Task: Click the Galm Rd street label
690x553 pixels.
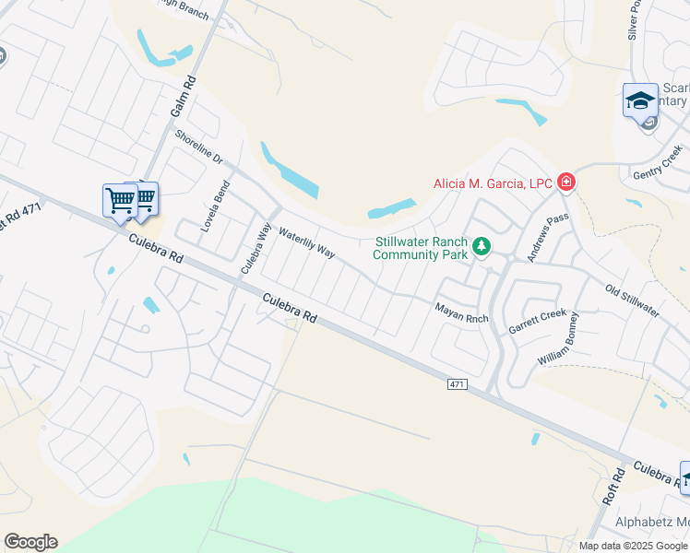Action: tap(183, 98)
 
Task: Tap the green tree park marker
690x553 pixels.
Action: tap(480, 246)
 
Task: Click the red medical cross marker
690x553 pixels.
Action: tap(565, 182)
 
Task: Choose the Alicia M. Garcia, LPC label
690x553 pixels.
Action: tap(493, 183)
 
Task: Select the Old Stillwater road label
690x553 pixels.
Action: tap(632, 300)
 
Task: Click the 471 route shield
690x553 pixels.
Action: tap(458, 382)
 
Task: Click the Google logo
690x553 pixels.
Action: tap(30, 542)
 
